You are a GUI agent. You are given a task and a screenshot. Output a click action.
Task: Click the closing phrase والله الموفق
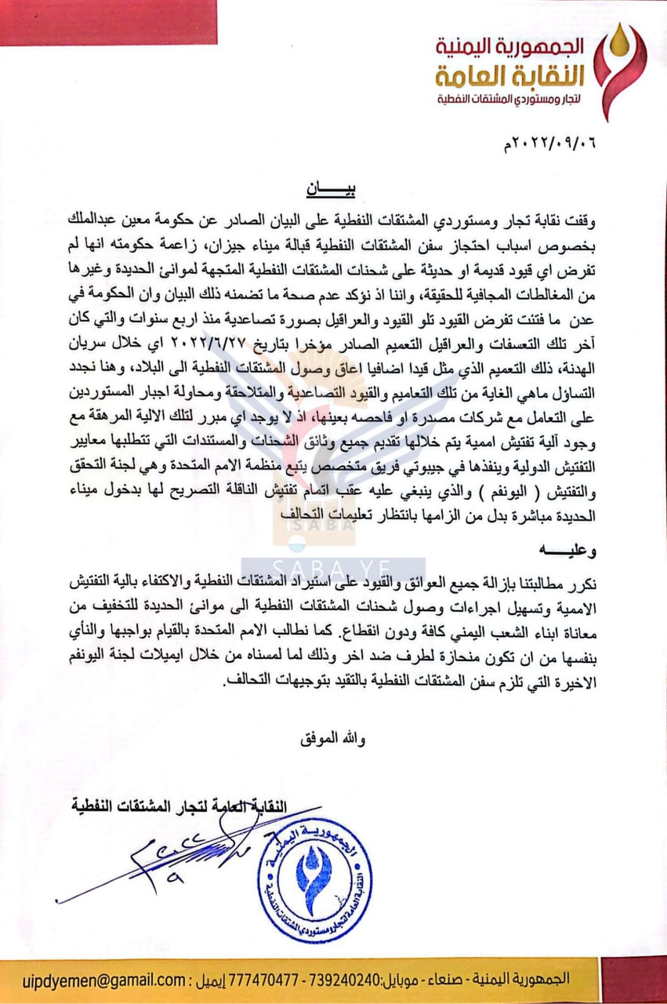pyautogui.click(x=330, y=738)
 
